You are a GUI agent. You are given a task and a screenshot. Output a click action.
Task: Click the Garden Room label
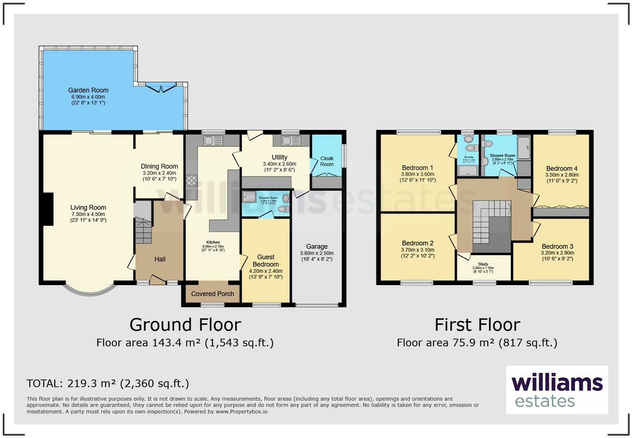click(x=88, y=90)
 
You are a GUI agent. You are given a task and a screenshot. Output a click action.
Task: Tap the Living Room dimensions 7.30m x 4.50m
click(x=88, y=214)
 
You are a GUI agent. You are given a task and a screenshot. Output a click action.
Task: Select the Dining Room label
click(x=159, y=166)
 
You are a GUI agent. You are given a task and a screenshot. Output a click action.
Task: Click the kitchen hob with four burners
click(x=191, y=181)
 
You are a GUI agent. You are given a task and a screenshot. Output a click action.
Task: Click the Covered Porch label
click(x=212, y=294)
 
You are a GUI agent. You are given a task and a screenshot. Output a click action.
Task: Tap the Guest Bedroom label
click(x=266, y=261)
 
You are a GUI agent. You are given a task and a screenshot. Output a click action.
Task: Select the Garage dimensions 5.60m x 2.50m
click(x=317, y=253)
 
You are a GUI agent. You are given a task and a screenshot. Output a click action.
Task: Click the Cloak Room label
click(x=327, y=161)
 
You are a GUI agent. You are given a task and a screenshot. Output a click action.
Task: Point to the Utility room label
click(x=279, y=158)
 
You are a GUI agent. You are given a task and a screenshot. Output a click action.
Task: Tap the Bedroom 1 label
click(x=418, y=168)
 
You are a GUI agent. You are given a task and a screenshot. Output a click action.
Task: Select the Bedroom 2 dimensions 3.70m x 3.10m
click(x=418, y=250)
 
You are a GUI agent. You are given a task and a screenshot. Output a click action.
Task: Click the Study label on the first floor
click(x=483, y=264)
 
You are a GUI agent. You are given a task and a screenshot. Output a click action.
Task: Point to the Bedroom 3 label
click(x=558, y=247)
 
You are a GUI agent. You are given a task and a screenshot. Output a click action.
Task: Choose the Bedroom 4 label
click(x=562, y=169)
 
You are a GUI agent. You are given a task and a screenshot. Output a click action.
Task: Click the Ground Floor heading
click(x=185, y=325)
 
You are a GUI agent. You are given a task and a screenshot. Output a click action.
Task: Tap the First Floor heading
click(x=477, y=325)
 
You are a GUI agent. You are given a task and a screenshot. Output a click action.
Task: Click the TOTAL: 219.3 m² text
click(x=107, y=383)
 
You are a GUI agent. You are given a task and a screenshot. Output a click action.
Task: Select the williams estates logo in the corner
click(x=557, y=390)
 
